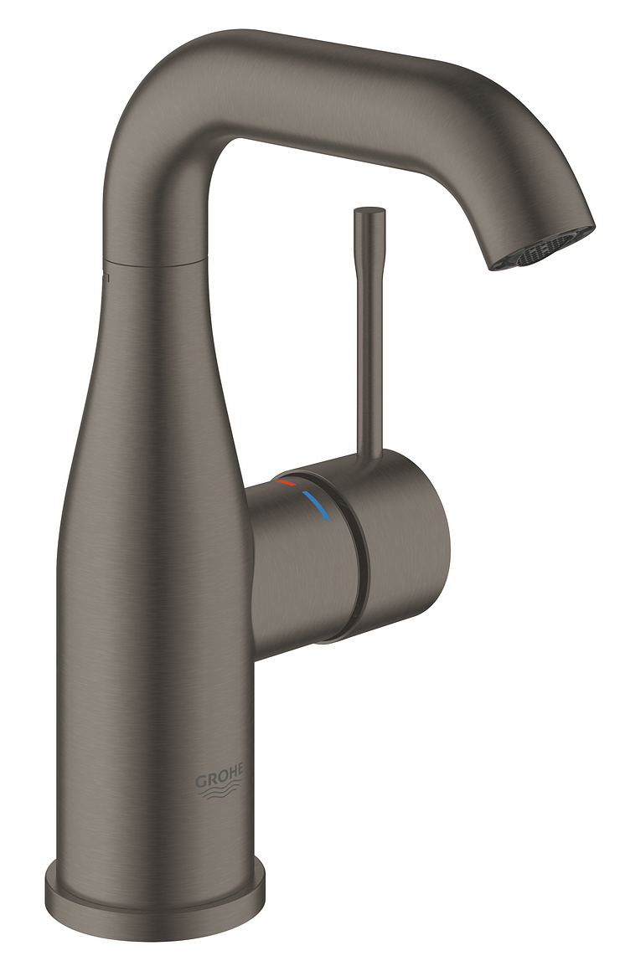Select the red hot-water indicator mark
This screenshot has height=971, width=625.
287,481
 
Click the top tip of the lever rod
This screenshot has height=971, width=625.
369,211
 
